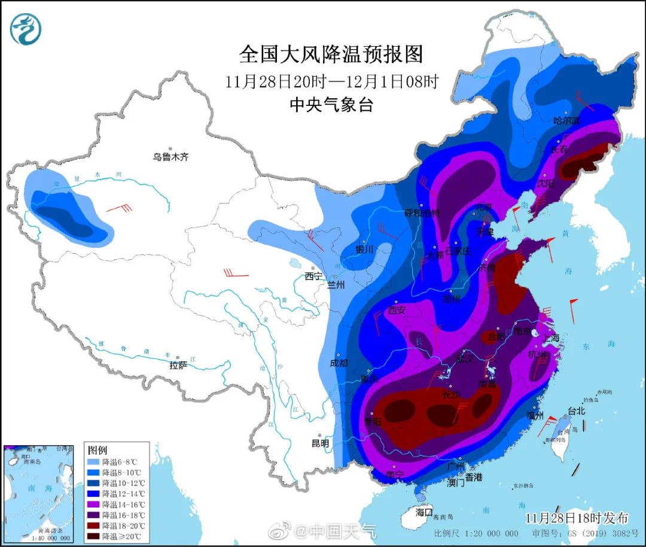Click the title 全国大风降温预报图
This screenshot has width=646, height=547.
331,54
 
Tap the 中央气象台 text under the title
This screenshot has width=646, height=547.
331,105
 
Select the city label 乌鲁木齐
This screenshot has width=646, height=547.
170,157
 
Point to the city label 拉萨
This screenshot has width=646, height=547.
178,364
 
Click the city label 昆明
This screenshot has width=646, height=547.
320,443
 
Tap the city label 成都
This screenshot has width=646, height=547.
339,363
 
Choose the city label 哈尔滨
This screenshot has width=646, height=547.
566,120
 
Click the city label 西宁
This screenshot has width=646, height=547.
313,276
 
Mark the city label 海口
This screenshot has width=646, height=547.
423,512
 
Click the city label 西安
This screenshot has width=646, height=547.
397,310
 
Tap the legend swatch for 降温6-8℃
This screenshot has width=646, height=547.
94,462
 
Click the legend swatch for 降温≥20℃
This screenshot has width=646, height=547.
94,536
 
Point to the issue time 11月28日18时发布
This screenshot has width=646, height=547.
577,517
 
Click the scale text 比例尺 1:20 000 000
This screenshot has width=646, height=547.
476,533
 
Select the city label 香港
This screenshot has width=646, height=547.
474,477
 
